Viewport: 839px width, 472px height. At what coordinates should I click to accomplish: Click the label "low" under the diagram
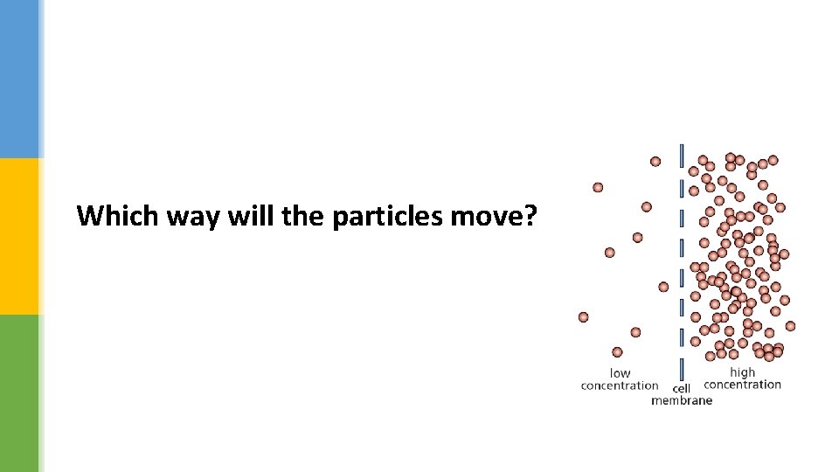click(x=620, y=373)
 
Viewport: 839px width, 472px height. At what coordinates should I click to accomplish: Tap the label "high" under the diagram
click(x=742, y=372)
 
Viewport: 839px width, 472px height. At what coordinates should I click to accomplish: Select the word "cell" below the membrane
click(x=682, y=389)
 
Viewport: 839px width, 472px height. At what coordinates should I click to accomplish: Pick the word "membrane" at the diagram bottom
click(x=682, y=400)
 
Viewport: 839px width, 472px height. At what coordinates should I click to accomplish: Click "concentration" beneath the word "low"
click(x=620, y=385)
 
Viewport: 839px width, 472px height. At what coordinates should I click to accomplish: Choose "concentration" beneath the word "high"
click(x=742, y=385)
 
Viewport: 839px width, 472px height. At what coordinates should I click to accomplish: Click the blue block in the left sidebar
click(x=19, y=79)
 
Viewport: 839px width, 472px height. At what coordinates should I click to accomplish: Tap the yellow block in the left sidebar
click(x=19, y=236)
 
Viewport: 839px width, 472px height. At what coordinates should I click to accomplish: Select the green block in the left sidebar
click(x=19, y=393)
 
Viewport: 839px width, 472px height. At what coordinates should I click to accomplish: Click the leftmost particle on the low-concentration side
click(x=584, y=316)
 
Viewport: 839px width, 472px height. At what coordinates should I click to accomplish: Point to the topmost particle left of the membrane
click(x=655, y=162)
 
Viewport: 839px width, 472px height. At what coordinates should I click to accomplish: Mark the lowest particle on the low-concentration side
click(x=617, y=352)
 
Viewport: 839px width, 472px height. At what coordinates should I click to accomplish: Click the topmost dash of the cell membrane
click(x=682, y=156)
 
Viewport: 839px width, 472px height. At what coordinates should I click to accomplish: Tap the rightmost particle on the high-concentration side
click(x=790, y=326)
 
